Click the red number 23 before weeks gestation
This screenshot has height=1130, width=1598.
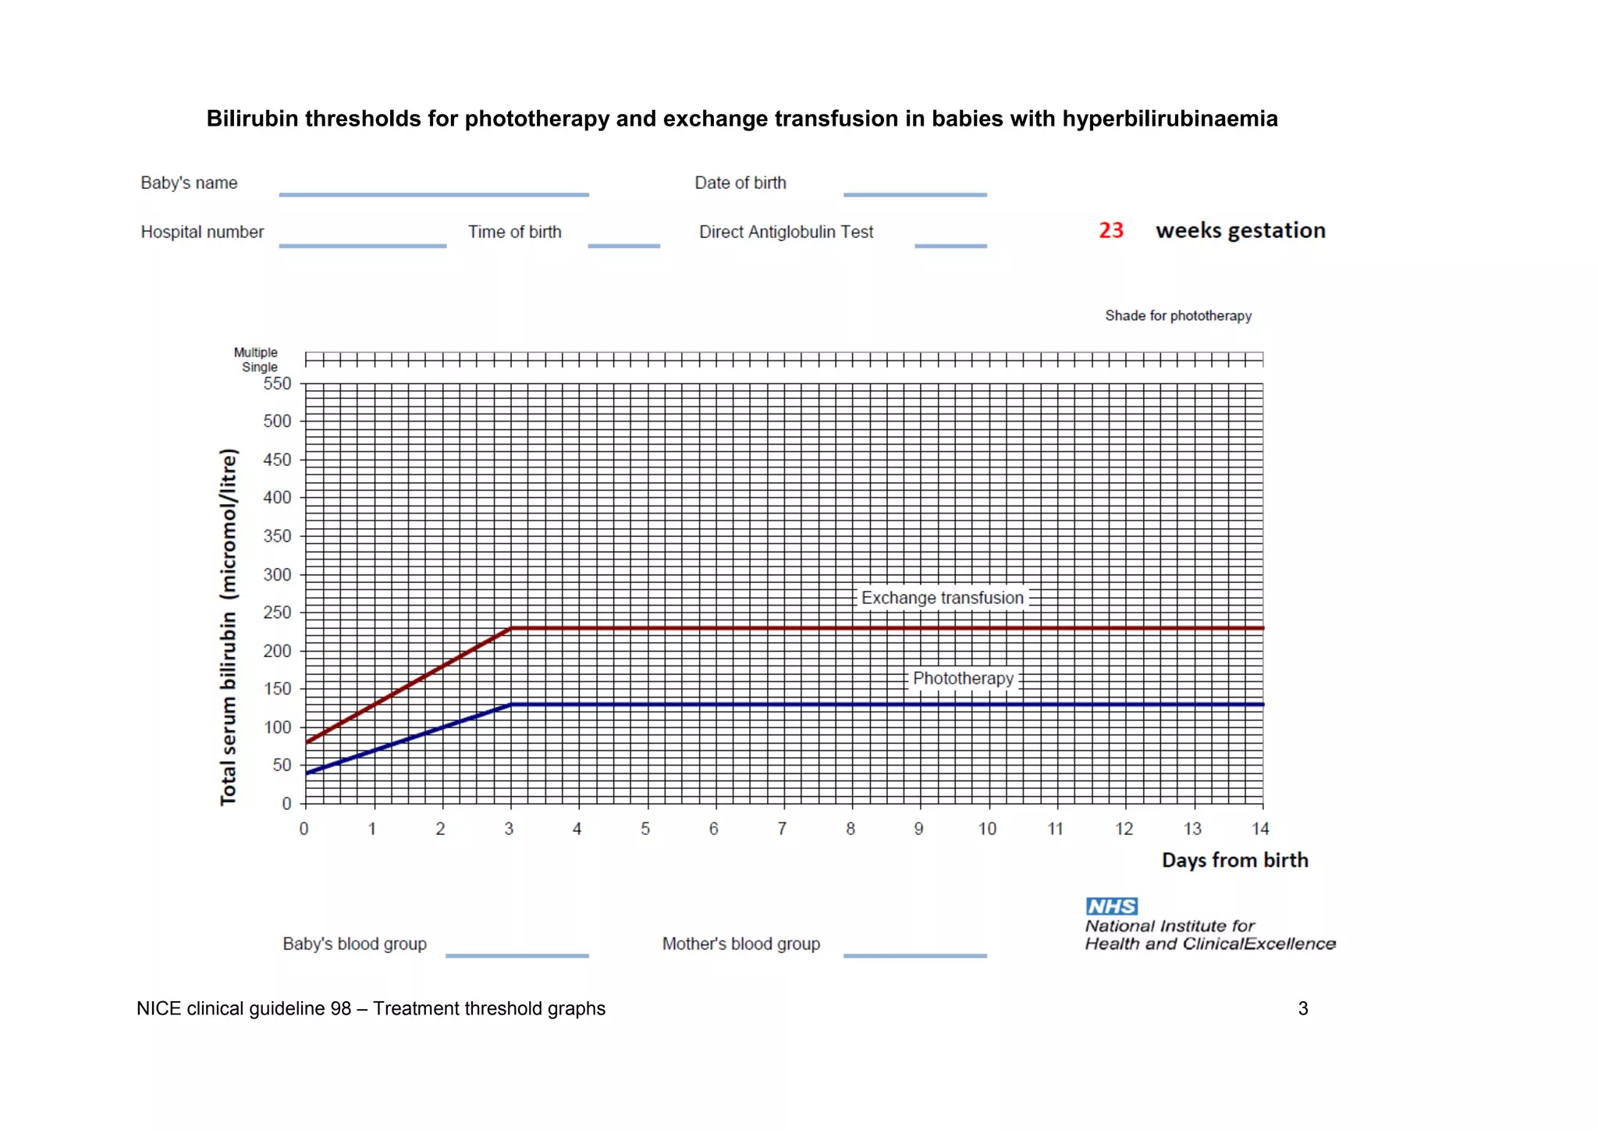1110,230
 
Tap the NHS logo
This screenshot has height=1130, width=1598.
1111,906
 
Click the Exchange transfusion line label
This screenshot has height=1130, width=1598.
942,598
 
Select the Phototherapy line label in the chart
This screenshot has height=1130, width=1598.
963,678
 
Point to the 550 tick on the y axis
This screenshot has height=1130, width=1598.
277,383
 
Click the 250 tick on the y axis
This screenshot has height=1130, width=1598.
277,613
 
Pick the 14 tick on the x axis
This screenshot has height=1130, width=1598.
1260,829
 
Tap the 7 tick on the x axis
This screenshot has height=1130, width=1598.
782,829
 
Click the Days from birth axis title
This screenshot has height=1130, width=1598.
1234,860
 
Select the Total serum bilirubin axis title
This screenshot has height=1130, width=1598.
228,627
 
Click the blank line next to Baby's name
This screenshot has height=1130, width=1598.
434,194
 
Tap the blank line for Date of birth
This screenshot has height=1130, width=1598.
914,194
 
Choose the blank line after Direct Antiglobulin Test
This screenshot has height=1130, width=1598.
950,245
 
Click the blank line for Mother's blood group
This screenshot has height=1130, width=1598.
914,954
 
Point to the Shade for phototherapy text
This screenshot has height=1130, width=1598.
1177,315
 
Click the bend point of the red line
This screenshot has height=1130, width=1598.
510,628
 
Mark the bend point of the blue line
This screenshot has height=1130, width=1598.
510,705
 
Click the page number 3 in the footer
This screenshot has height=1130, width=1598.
1302,1008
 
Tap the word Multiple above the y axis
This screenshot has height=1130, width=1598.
255,353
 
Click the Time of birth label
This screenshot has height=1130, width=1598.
514,232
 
